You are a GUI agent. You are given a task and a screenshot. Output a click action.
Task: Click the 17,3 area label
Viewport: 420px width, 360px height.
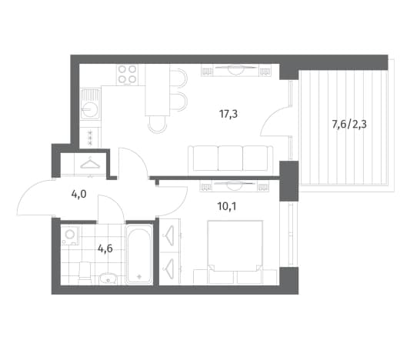click(228, 115)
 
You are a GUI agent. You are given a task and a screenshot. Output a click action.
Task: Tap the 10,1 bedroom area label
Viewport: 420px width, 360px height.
click(227, 207)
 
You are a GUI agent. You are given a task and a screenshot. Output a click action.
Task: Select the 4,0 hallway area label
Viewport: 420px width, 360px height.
click(78, 194)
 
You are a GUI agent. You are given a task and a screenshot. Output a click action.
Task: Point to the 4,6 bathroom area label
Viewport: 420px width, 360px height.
click(105, 249)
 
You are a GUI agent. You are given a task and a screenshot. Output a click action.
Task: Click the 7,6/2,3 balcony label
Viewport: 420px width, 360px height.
click(349, 125)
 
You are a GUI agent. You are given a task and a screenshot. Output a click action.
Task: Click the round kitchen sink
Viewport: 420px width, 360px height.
click(90, 109)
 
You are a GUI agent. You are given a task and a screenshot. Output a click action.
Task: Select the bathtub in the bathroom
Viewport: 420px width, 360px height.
click(139, 255)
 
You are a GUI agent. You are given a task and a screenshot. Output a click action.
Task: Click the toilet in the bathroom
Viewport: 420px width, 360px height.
click(85, 272)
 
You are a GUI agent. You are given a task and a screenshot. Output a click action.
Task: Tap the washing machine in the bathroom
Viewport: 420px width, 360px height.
click(70, 235)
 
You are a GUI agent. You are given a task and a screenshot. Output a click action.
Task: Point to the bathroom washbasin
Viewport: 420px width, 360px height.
click(108, 278)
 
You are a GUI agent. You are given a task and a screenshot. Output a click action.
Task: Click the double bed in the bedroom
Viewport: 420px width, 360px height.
click(235, 252)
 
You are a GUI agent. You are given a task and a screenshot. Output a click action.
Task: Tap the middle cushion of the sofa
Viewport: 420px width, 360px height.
click(230, 158)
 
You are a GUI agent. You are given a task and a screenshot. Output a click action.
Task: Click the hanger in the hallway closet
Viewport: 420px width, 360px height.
click(90, 163)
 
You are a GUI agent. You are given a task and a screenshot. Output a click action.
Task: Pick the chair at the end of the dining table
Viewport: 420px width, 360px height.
click(158, 125)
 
